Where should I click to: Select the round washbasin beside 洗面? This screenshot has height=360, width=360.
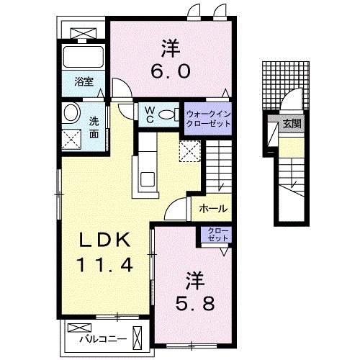[x=71, y=113]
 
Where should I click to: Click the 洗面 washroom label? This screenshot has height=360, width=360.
[x=94, y=127]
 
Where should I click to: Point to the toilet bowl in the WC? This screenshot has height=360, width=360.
[x=167, y=114]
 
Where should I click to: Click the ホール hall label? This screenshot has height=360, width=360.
[x=214, y=209]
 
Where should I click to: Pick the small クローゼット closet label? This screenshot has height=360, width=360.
[x=216, y=235]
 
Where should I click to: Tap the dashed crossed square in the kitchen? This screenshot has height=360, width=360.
[x=189, y=152]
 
